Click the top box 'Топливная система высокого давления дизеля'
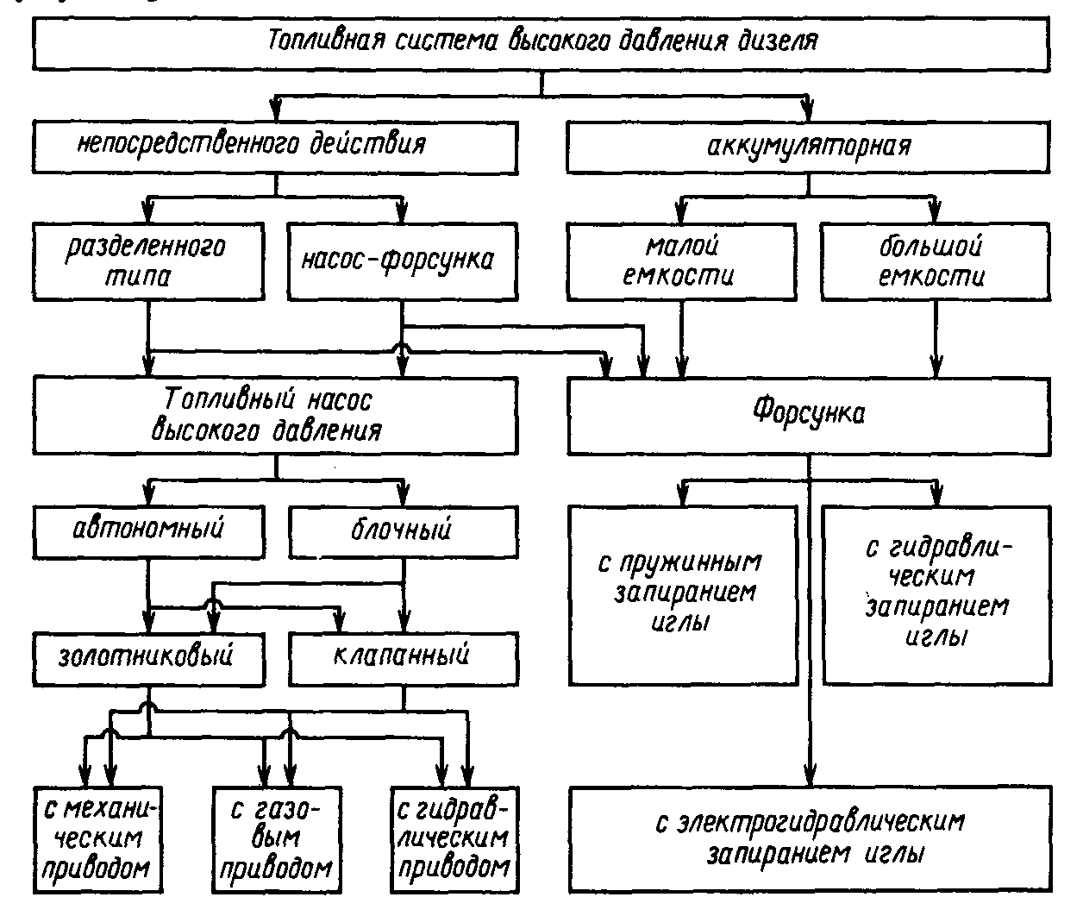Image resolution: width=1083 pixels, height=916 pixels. coord(541,43)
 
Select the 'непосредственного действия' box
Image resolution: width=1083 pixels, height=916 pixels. coord(276,144)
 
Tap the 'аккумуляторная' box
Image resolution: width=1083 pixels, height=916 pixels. coord(808,144)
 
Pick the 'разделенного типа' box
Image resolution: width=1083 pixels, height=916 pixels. coord(147,262)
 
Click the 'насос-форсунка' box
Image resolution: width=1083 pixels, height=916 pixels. coord(402,262)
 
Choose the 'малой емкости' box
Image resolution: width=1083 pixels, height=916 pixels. coord(681,262)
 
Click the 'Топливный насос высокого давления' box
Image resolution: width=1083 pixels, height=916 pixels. coord(276,417)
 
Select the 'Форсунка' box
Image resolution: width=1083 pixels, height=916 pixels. coord(808,417)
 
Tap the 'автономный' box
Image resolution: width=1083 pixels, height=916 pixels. coord(147,530)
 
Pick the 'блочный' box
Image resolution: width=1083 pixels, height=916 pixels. coord(402,530)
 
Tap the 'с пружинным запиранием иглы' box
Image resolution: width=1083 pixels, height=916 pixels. coord(681,594)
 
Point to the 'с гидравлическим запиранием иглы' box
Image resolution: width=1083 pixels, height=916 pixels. coord(936,594)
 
